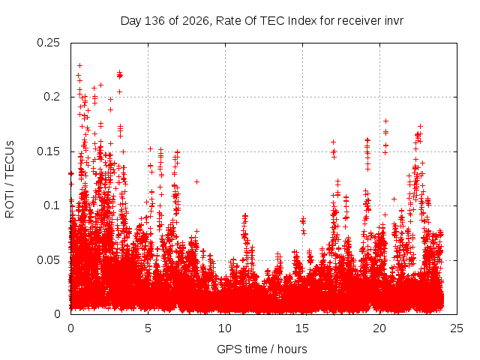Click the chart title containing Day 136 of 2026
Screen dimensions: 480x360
262,21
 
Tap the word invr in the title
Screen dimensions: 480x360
394,21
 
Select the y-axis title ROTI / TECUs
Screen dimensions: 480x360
10,179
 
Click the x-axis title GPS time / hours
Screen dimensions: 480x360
262,349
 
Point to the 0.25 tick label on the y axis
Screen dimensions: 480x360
48,43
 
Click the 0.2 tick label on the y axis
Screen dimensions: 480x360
52,97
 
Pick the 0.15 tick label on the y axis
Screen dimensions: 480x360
48,151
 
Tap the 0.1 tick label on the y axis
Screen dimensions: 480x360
52,205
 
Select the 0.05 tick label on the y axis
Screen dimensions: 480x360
48,260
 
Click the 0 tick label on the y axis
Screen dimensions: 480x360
57,314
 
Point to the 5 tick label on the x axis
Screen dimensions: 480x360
148,328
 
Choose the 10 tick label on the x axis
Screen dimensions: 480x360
225,328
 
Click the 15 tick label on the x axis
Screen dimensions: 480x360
302,328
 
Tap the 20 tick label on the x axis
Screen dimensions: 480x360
379,328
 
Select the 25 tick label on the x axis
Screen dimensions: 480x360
457,328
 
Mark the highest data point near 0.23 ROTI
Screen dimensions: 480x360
80,65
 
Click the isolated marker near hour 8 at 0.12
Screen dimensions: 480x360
196,181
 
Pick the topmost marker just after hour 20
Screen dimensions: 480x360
386,121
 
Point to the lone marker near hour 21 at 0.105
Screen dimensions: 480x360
394,199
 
